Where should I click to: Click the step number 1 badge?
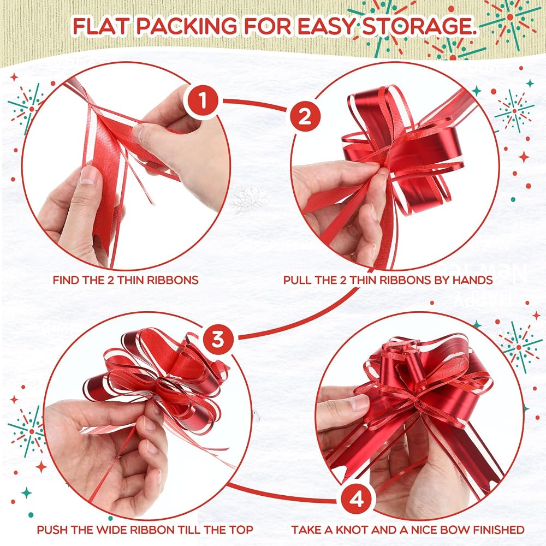click(203, 100)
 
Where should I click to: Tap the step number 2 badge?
click(305, 116)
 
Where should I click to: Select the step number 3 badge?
click(218, 339)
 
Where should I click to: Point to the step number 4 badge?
click(356, 499)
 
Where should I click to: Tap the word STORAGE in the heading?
click(419, 26)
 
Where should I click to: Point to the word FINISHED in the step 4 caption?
click(495, 530)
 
